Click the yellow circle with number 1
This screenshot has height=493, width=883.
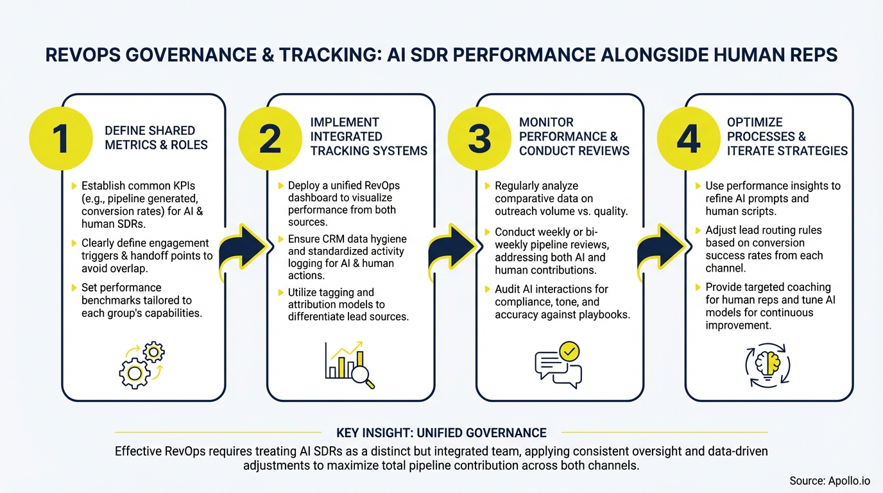coord(61,139)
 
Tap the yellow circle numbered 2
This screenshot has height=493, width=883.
coord(270,139)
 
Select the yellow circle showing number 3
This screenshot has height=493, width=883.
coord(479,139)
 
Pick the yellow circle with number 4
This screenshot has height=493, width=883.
coord(689,139)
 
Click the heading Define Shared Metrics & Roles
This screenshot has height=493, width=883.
coord(156,137)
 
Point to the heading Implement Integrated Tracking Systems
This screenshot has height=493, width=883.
coord(368,136)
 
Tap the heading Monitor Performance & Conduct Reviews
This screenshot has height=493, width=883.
coord(574,136)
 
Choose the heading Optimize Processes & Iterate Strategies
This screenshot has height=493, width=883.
coord(787,136)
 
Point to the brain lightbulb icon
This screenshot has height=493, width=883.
coord(767,364)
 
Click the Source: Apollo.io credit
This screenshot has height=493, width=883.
coord(829,481)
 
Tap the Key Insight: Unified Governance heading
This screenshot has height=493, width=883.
coord(441,433)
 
